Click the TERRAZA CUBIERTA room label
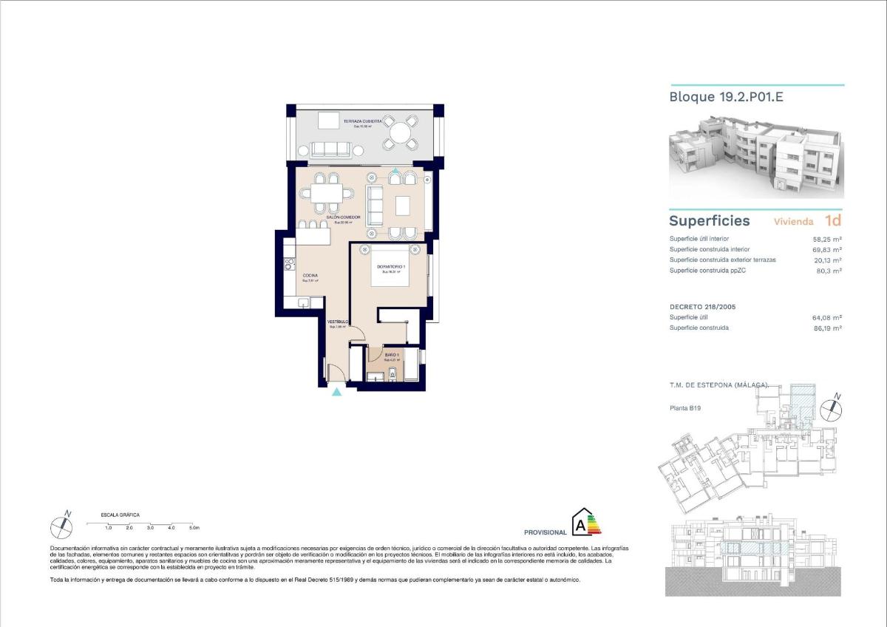pos(362,120)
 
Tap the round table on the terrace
pos(401,133)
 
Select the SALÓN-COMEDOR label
pos(348,217)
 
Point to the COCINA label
pos(310,276)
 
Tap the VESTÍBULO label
pos(338,322)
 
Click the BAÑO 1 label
pos(392,356)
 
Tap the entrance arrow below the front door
pos(337,392)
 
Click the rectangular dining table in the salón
pos(325,194)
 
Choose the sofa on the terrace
pos(330,149)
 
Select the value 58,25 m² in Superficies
pos(827,240)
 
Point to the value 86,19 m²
pos(827,328)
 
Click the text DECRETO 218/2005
pos(702,306)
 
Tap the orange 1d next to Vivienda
pos(832,220)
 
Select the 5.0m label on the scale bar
pos(194,528)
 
